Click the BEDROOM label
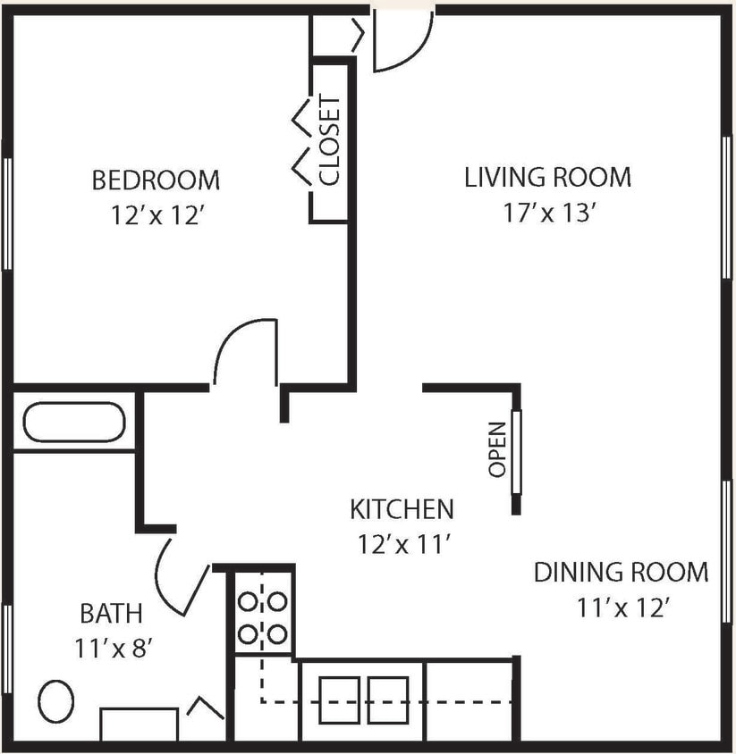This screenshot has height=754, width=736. (x=156, y=180)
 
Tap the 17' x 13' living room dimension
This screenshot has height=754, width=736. (x=547, y=214)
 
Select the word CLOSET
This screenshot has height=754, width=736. (x=330, y=139)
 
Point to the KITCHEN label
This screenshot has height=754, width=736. (x=402, y=509)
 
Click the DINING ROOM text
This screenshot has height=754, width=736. (x=621, y=572)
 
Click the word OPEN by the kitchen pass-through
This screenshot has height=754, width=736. (x=497, y=448)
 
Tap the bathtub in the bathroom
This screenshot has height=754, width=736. (x=74, y=422)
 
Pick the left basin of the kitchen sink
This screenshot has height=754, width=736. (x=340, y=700)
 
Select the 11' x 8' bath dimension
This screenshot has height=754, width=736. (x=111, y=648)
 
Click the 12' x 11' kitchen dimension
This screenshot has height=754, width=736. (x=402, y=544)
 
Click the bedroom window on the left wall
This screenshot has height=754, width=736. (x=7, y=213)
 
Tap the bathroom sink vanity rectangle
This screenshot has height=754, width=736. (x=139, y=724)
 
